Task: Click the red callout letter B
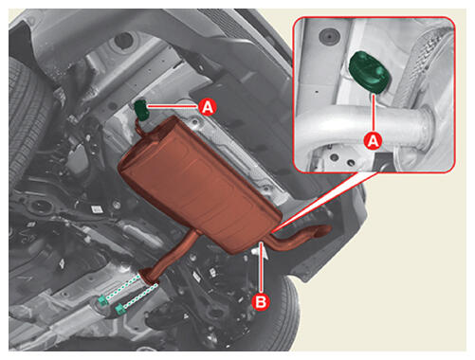[x=261, y=302]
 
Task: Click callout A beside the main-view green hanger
[x=208, y=107]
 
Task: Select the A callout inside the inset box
[x=374, y=141]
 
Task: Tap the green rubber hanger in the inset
[x=370, y=72]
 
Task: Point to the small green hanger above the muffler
[x=141, y=110]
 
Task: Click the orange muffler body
[x=198, y=182]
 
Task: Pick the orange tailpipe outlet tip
[x=323, y=230]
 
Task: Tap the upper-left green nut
[x=102, y=300]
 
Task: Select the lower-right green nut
[x=119, y=310]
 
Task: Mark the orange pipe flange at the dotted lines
[x=149, y=276]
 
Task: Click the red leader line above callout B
[x=261, y=267]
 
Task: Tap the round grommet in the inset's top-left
[x=328, y=36]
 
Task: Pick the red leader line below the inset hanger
[x=374, y=113]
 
